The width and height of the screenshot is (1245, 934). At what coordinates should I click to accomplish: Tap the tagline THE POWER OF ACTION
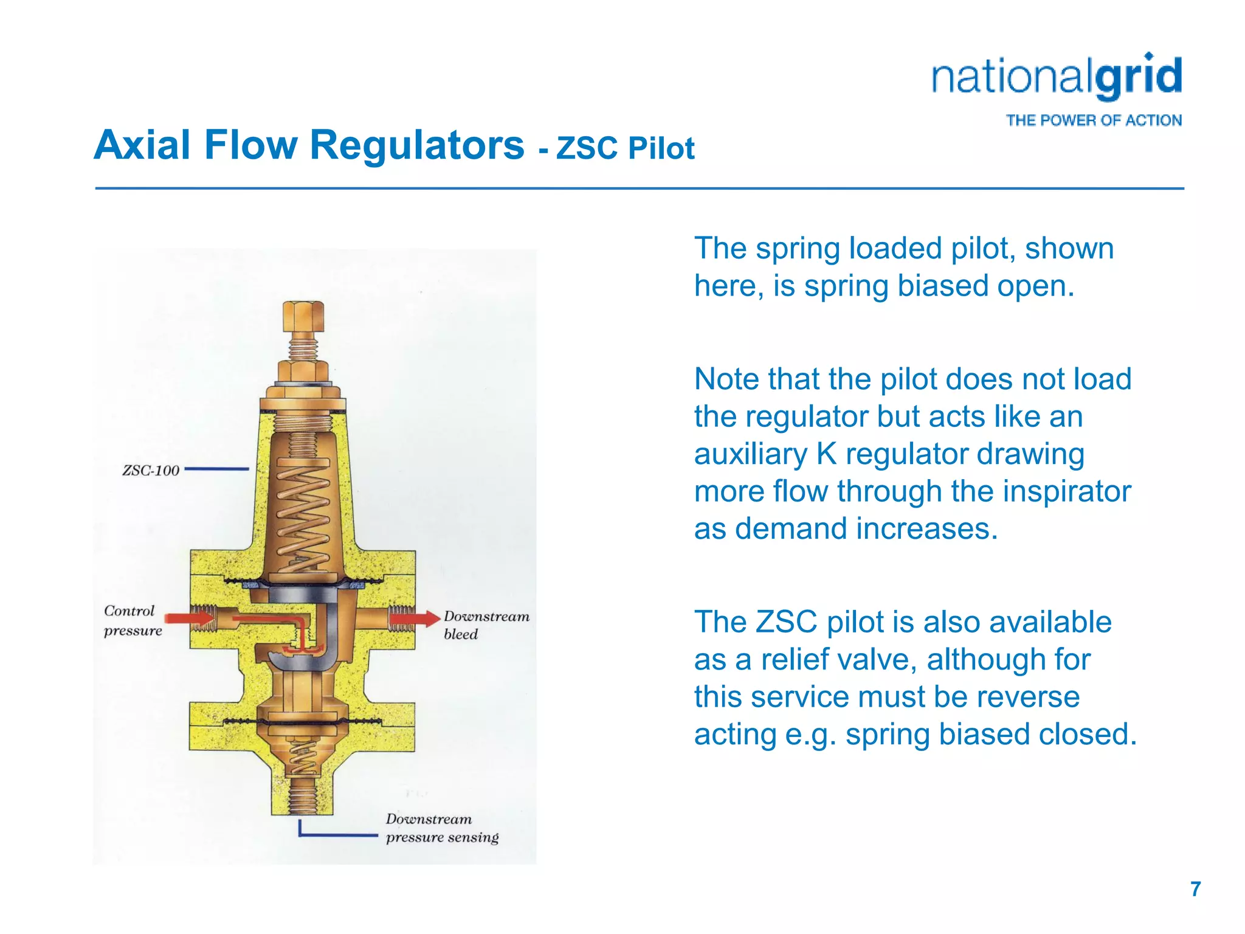tap(1093, 120)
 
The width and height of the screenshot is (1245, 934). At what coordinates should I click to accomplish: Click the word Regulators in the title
tap(416, 145)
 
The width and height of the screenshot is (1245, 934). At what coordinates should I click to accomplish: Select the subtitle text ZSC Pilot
tap(625, 148)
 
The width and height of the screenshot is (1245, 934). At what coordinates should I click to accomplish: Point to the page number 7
tap(1195, 889)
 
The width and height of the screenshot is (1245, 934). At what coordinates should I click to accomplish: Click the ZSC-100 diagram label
tap(151, 470)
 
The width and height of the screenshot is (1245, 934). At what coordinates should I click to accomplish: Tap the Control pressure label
tap(133, 620)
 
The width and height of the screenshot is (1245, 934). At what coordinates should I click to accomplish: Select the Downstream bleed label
tap(486, 625)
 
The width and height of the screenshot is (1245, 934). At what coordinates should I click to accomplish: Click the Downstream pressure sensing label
tap(442, 828)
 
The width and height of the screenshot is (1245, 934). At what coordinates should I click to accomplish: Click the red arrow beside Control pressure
tap(189, 618)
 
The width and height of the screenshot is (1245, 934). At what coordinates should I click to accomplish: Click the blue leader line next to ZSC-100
tap(216, 469)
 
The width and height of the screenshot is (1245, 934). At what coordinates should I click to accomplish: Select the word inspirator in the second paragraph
tap(1066, 491)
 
